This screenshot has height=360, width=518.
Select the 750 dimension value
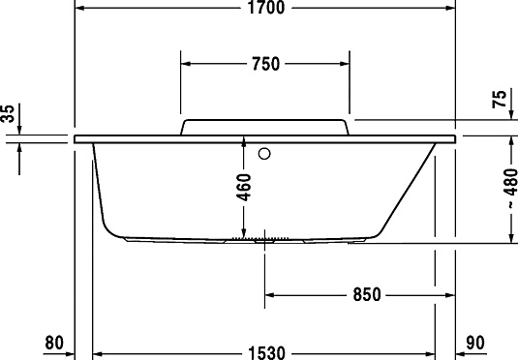(264, 65)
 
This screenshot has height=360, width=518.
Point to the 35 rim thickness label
(9, 116)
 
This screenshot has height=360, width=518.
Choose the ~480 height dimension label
(498, 188)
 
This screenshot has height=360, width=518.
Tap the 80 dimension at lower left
(54, 341)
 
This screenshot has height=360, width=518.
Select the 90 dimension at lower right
(474, 341)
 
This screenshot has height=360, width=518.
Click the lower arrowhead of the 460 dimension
(244, 231)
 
